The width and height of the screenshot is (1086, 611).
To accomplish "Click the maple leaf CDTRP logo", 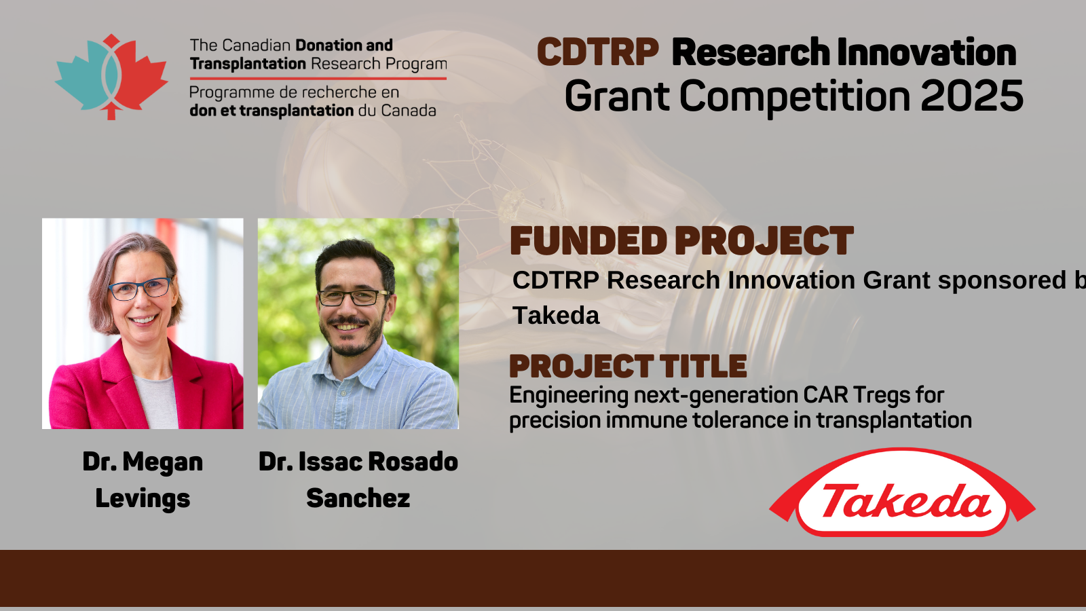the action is [x=111, y=77].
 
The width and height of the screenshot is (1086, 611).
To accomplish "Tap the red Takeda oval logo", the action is [x=902, y=492].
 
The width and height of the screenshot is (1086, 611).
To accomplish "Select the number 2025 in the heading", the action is [x=971, y=96].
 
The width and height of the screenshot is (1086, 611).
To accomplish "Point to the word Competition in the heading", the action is [x=795, y=96].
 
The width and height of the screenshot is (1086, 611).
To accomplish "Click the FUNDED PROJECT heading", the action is [x=681, y=241].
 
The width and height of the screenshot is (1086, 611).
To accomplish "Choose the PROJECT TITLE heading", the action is [x=628, y=366].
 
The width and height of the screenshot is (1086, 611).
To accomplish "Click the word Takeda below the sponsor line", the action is [x=556, y=316].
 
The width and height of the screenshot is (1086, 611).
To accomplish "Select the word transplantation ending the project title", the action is [x=894, y=420].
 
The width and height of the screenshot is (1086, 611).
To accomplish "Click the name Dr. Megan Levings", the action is [x=143, y=479].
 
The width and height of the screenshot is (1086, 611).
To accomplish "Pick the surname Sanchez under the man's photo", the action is [x=358, y=498].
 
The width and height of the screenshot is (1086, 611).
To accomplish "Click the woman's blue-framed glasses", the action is [x=140, y=289].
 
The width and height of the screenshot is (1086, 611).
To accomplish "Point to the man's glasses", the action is [x=354, y=297].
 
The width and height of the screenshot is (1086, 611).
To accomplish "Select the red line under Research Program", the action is [x=318, y=78].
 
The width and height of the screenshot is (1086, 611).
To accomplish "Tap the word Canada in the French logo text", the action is [x=408, y=111].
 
